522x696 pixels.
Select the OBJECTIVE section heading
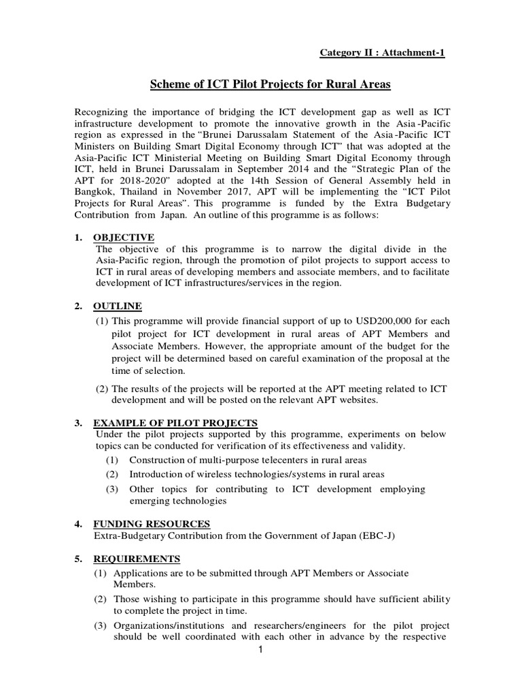point(125,237)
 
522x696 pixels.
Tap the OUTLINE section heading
point(118,306)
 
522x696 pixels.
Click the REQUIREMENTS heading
point(137,559)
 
